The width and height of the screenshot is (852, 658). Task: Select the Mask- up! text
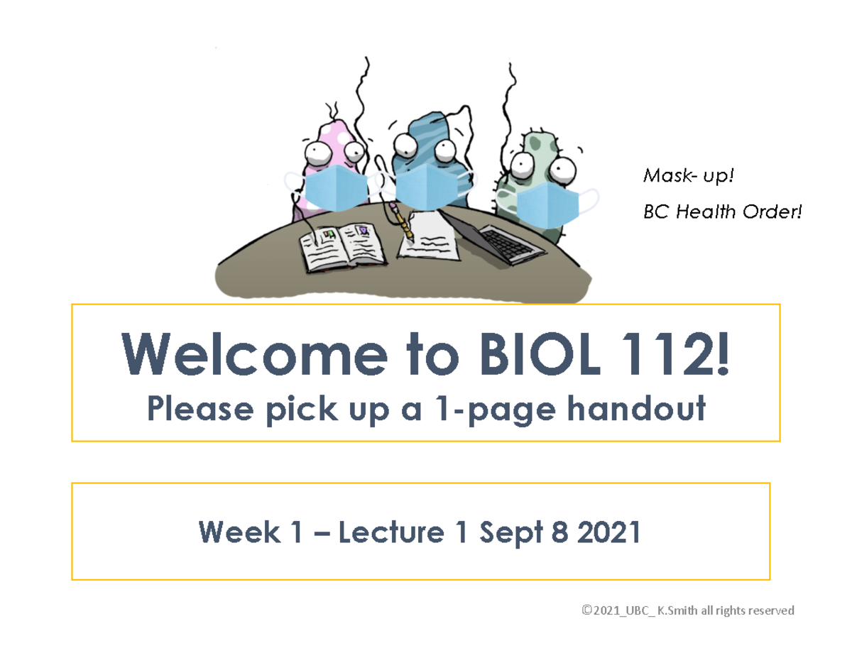point(686,175)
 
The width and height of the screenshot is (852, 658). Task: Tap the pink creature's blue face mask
point(336,188)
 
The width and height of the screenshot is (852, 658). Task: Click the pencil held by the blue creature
point(400,221)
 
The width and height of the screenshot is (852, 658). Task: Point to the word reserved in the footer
point(770,610)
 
